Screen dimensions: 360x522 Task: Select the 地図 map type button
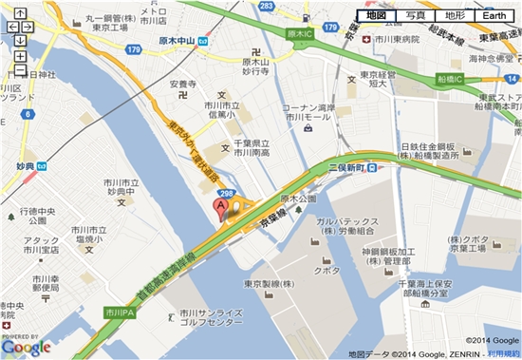(x=375, y=16)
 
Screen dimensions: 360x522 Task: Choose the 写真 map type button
(x=415, y=16)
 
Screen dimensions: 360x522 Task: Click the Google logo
(x=26, y=347)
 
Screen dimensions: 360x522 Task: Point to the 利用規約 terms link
(x=503, y=353)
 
